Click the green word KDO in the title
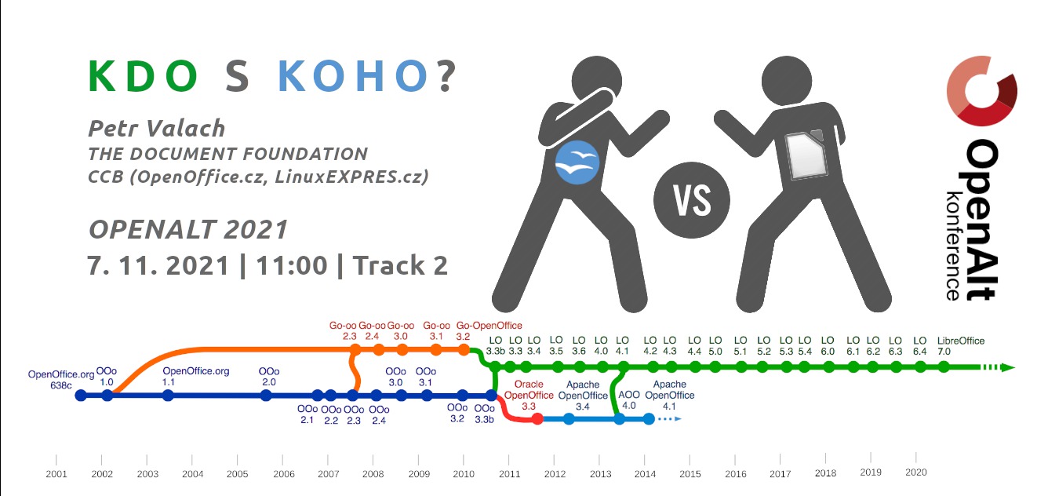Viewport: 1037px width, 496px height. point(143,76)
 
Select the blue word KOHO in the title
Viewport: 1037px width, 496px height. point(353,76)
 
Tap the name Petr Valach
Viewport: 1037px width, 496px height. point(156,128)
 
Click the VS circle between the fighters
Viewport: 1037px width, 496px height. point(692,200)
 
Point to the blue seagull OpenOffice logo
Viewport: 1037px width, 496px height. point(577,162)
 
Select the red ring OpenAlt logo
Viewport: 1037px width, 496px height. point(981,91)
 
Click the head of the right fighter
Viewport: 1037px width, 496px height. point(787,81)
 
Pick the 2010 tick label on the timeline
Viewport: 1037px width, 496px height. point(464,474)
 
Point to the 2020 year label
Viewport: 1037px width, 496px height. point(915,472)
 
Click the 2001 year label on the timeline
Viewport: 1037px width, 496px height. point(56,474)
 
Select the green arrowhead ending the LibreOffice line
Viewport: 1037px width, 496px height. point(1007,368)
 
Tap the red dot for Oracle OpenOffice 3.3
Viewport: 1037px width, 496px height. point(537,419)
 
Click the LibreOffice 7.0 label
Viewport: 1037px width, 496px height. point(961,346)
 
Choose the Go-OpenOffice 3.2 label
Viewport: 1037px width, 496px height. point(489,331)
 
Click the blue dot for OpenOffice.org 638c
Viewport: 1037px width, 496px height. point(81,396)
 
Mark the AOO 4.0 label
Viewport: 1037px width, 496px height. point(628,400)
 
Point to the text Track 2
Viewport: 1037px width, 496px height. point(401,265)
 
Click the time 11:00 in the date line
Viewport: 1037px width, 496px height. point(292,266)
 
